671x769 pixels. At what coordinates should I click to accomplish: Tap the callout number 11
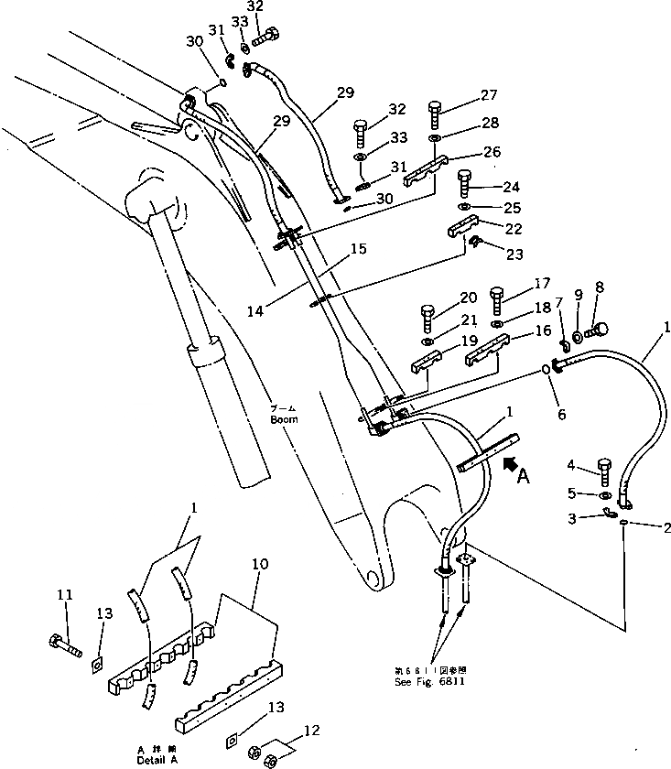pyautogui.click(x=63, y=595)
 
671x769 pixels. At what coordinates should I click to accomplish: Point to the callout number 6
pyautogui.click(x=561, y=415)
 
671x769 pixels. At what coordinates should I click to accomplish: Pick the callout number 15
pyautogui.click(x=358, y=248)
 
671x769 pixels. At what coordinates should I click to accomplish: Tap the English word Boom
pyautogui.click(x=284, y=420)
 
